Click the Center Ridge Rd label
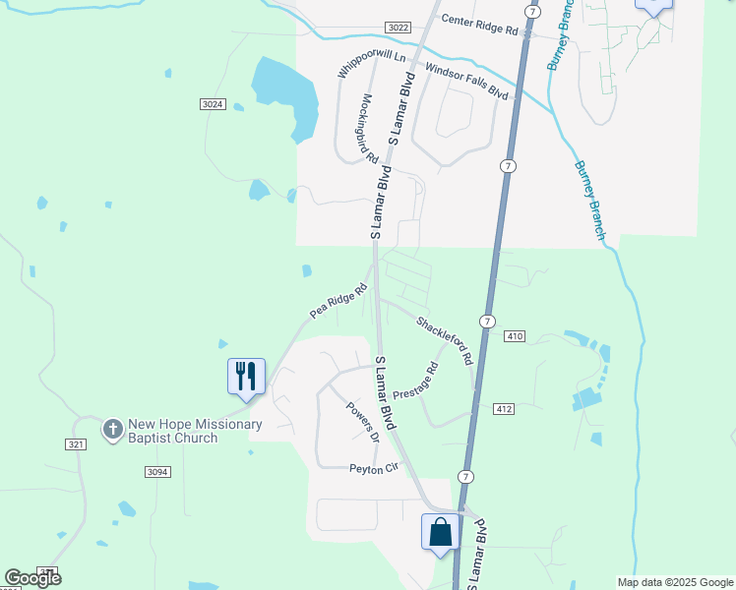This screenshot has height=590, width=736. pyautogui.click(x=479, y=25)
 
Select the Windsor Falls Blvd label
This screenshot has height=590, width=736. pyautogui.click(x=466, y=80)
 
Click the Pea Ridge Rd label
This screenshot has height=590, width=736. pyautogui.click(x=337, y=300)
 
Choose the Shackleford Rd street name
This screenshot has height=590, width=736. pyautogui.click(x=444, y=339)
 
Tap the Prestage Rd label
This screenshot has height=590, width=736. pyautogui.click(x=415, y=381)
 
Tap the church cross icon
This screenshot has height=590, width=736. pyautogui.click(x=113, y=429)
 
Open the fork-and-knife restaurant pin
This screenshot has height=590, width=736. pyautogui.click(x=246, y=377)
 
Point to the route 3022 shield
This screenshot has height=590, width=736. pyautogui.click(x=399, y=28)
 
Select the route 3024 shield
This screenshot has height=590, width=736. pyautogui.click(x=212, y=104)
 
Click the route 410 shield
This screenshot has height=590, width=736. pyautogui.click(x=515, y=336)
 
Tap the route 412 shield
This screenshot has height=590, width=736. pyautogui.click(x=505, y=408)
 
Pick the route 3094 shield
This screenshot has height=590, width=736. pyautogui.click(x=157, y=472)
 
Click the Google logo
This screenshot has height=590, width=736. pyautogui.click(x=32, y=578)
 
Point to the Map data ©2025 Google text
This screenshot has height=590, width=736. pyautogui.click(x=673, y=582)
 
